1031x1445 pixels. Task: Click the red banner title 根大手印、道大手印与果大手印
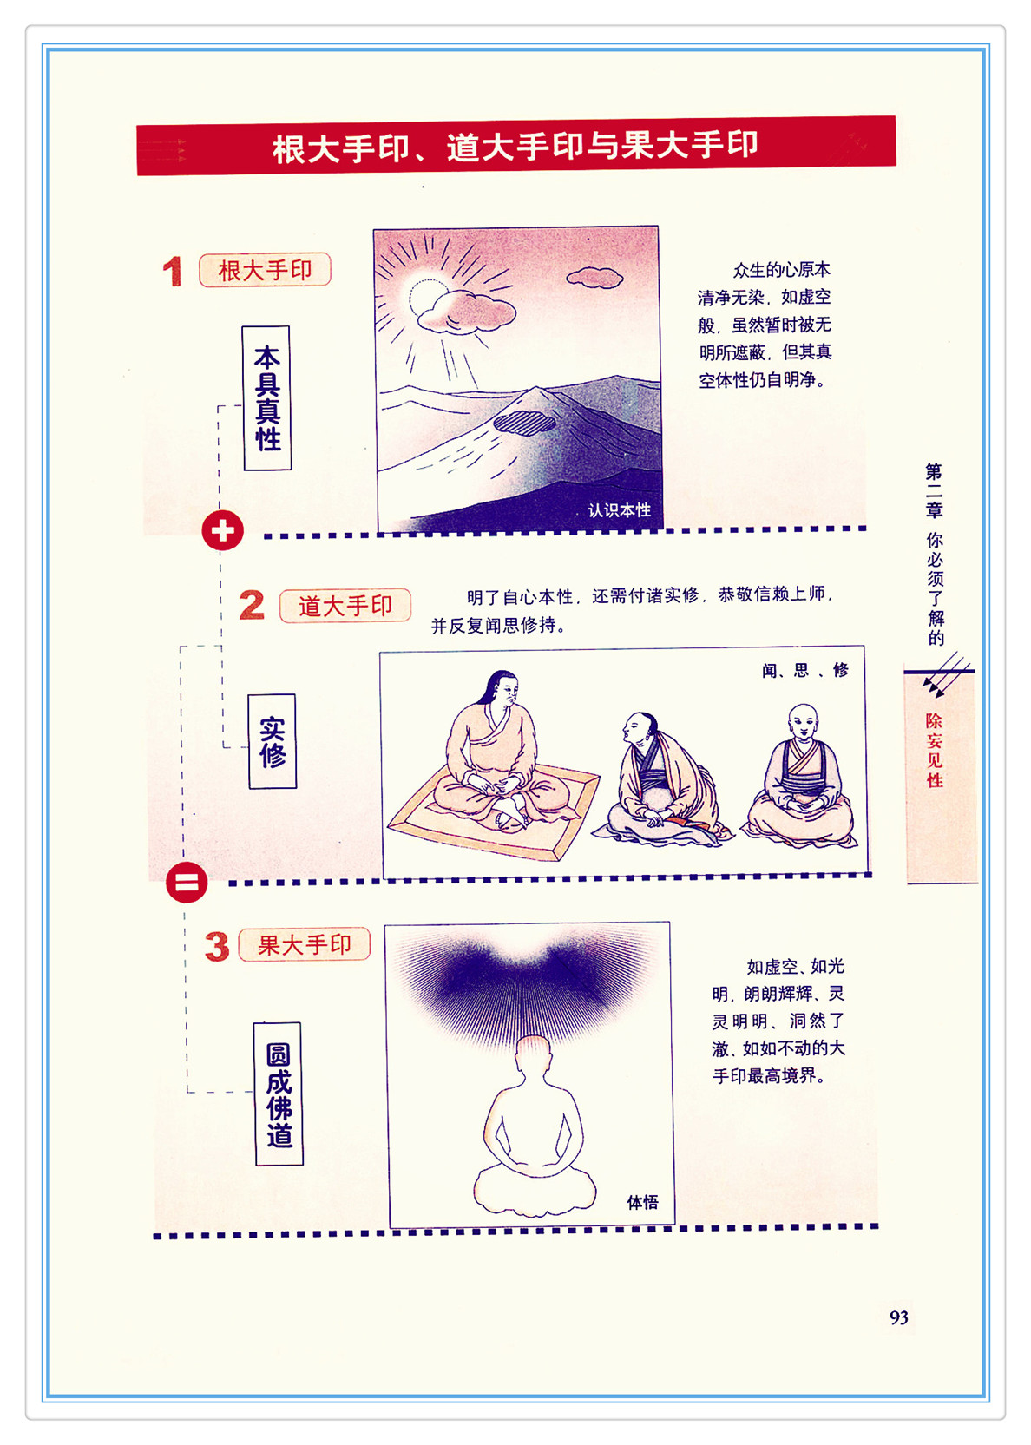tap(515, 148)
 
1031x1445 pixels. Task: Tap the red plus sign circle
tap(222, 530)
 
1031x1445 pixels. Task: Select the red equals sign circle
tap(187, 882)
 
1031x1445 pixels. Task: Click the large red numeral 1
tap(172, 271)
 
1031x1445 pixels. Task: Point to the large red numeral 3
tap(218, 946)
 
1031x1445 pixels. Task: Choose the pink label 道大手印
tap(345, 606)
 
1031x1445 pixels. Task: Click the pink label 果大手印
tap(305, 945)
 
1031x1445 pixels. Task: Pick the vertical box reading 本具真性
tap(266, 398)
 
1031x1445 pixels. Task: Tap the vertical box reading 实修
tap(273, 741)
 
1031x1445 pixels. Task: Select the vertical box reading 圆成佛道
tap(279, 1094)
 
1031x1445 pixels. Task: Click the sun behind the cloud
tap(426, 297)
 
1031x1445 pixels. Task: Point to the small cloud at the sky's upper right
tap(594, 278)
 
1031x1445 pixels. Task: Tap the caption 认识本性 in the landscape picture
tap(620, 510)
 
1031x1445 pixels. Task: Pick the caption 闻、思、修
tap(805, 670)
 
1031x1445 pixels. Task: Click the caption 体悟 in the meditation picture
tap(642, 1202)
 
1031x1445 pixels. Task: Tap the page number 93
tap(899, 1317)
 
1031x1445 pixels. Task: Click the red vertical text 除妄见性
tap(934, 750)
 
